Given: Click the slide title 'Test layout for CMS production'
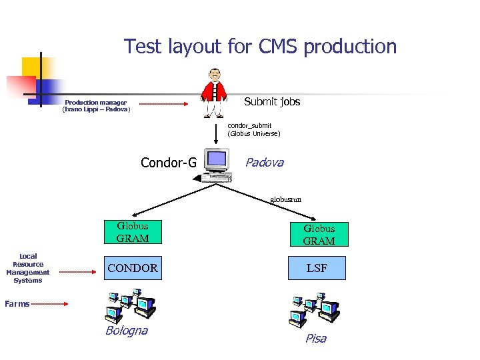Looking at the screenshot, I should pos(260,47).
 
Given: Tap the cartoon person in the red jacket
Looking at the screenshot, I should pos(214,93).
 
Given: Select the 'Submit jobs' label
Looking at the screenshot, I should pos(272,102).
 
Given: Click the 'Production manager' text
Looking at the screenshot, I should pos(96,103).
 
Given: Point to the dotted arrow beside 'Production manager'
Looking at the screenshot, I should pos(164,105).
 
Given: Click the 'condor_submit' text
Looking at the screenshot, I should pos(249,125).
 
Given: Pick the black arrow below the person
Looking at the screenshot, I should pos(215,134).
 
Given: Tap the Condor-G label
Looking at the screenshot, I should pos(169,162).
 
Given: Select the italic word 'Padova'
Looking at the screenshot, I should pos(264,162).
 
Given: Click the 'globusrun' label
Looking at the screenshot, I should pos(285,199).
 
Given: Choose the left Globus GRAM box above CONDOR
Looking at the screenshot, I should pos(132,232).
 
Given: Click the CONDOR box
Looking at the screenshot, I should pos(132,268).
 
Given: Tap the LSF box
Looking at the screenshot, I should pos(317,268).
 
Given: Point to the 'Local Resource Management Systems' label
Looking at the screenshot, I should pos(28,268).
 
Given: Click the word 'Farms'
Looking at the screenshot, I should pos(17,304).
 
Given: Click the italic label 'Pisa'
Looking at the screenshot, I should pos(315,339).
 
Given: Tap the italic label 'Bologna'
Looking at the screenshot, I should pos(126,331).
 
